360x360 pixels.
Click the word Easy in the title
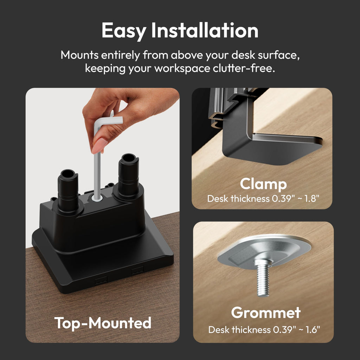pos(124,31)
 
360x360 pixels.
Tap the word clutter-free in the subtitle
pos(244,68)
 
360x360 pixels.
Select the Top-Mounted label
pos(103,323)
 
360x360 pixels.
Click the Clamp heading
pos(263,184)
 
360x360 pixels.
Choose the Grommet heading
pos(266,313)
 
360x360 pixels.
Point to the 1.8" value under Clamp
pos(312,199)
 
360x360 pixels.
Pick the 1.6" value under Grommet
pos(313,330)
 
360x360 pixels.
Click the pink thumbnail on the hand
pos(99,146)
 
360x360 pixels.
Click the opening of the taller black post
pos(128,158)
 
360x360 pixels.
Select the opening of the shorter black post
pos(67,174)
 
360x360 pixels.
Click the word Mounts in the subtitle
pos(80,55)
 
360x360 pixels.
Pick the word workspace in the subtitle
pos(182,69)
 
